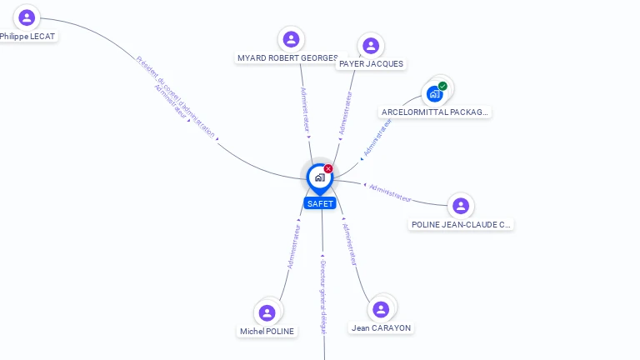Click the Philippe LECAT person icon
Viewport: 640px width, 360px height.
(27, 17)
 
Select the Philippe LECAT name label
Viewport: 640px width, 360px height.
(27, 37)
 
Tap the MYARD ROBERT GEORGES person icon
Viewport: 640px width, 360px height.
(291, 39)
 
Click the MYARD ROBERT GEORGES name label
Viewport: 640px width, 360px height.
(287, 58)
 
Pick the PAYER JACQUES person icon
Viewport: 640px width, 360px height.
(371, 46)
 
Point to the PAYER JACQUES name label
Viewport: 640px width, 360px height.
(371, 64)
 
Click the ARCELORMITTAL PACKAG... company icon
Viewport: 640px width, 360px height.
(434, 94)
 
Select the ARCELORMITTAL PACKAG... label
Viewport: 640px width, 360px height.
(434, 112)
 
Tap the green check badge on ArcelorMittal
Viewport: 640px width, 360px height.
(442, 86)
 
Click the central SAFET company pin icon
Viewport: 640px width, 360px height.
(319, 177)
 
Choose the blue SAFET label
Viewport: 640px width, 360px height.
(320, 203)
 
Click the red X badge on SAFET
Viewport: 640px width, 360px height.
(328, 168)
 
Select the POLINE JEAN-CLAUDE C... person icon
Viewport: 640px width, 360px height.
(461, 206)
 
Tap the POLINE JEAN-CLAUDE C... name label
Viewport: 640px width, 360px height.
(461, 224)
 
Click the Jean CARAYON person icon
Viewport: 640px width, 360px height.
(381, 309)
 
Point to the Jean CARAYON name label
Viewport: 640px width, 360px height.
(381, 328)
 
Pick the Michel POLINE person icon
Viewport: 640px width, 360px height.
(267, 312)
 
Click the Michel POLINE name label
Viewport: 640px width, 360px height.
(267, 332)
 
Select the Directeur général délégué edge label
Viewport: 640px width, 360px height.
(323, 297)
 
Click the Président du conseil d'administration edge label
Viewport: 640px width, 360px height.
(175, 95)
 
